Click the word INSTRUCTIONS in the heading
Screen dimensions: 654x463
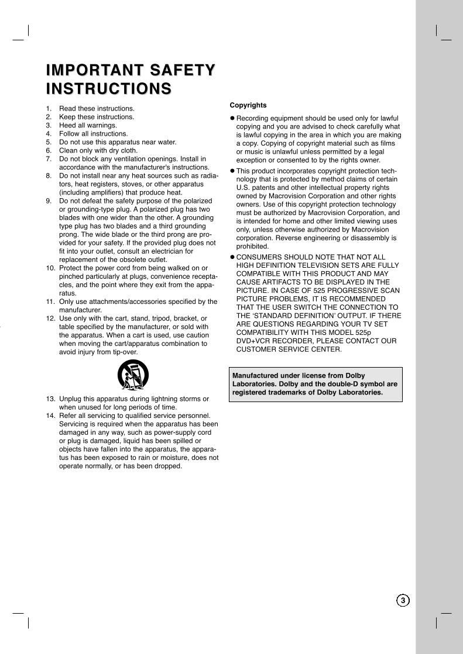click(x=109, y=89)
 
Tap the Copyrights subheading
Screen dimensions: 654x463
click(x=248, y=105)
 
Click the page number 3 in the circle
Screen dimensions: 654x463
click(x=403, y=600)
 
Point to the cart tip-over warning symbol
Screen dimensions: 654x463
click(x=133, y=375)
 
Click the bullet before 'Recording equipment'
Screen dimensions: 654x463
click(x=232, y=119)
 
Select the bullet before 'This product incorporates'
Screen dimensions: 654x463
click(x=232, y=171)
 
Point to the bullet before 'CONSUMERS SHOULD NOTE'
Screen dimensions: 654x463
click(x=232, y=257)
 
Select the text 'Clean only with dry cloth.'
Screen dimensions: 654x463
click(x=98, y=150)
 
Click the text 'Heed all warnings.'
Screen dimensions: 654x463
click(x=88, y=125)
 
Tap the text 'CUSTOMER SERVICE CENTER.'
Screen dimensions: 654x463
click(x=289, y=350)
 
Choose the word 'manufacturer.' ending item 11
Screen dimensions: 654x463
click(x=80, y=310)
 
